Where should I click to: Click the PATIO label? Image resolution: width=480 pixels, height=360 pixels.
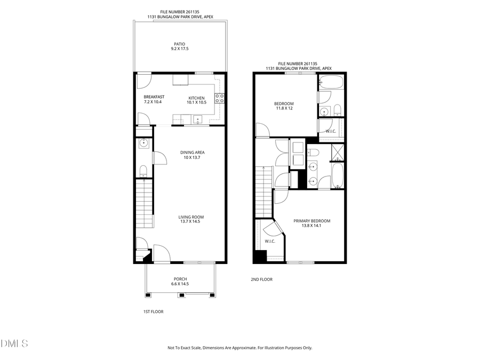[180, 44]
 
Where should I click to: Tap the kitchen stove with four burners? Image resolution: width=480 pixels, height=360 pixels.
[219, 98]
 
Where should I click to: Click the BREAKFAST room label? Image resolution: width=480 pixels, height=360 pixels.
[154, 97]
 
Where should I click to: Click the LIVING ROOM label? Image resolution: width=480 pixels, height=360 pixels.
[191, 217]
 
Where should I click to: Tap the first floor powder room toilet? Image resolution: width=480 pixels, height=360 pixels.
[143, 171]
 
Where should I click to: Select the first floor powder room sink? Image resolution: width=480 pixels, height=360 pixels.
[143, 143]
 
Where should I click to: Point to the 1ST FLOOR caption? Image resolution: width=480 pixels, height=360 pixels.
[153, 311]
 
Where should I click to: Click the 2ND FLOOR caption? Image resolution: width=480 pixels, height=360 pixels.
[261, 279]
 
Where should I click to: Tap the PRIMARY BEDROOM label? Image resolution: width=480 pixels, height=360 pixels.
[312, 221]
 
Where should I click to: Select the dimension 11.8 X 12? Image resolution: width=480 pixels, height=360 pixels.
[283, 108]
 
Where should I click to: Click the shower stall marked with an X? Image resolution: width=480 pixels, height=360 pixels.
[338, 153]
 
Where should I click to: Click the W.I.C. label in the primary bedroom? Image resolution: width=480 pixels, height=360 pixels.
[269, 241]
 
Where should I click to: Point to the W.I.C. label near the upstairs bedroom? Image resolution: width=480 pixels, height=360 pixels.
[330, 131]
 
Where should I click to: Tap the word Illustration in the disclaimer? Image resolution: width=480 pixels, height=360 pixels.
[273, 348]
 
